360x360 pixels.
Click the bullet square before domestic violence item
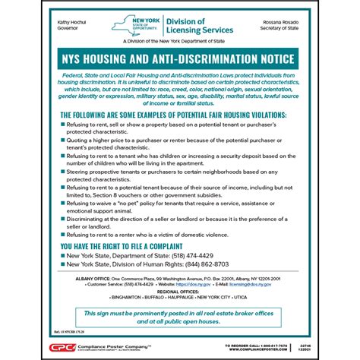[x=62, y=235]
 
